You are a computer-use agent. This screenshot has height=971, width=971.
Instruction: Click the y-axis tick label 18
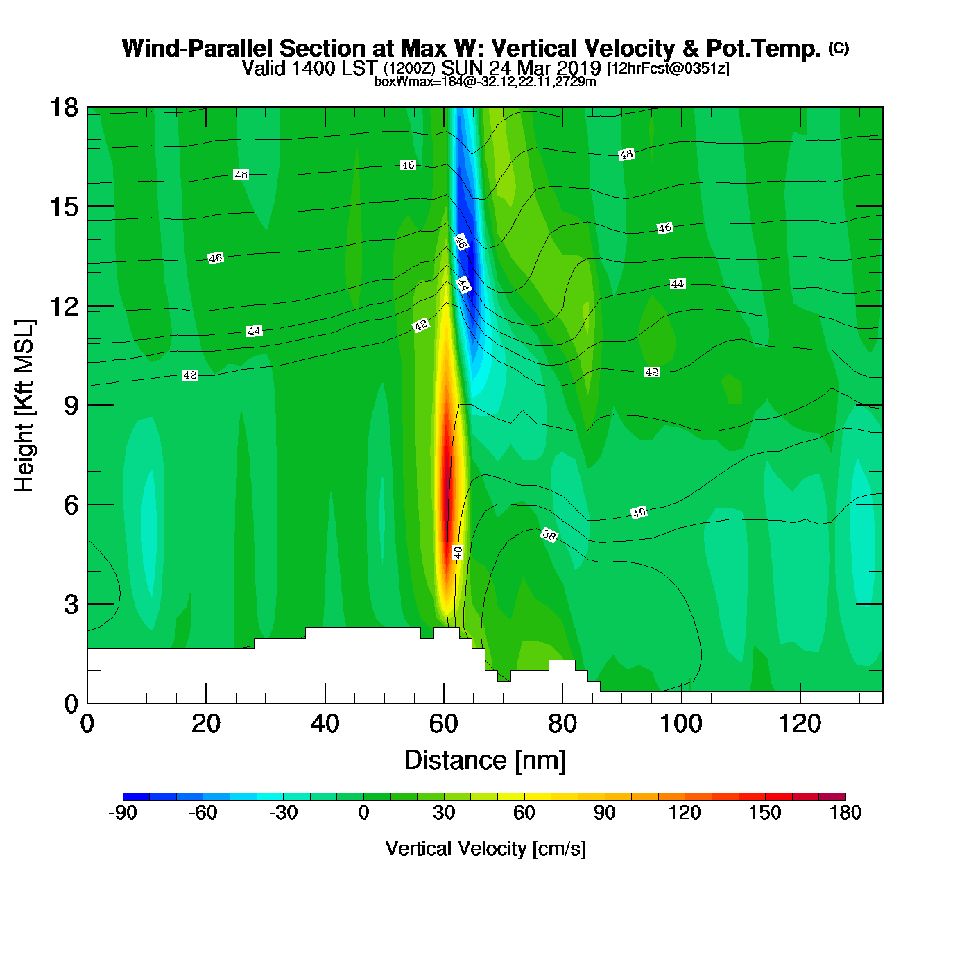coord(63,108)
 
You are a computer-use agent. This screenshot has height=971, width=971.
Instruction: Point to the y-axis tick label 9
coord(71,406)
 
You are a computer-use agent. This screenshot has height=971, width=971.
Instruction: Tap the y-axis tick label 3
coord(71,605)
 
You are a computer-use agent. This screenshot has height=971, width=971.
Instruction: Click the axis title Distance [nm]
coord(485,761)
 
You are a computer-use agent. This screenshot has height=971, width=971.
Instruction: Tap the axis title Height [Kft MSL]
coord(24,406)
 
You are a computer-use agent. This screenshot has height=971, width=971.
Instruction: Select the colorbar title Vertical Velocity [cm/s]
coord(485,849)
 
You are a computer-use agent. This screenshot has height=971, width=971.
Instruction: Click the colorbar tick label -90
coord(123,813)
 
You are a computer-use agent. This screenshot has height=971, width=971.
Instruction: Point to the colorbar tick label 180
coord(845,813)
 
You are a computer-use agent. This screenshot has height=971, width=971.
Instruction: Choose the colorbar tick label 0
coord(363,813)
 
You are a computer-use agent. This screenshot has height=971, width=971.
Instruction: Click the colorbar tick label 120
coord(685,813)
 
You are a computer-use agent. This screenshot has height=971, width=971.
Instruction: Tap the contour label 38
coord(549,535)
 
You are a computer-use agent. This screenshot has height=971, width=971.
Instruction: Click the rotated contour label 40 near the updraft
coord(458,552)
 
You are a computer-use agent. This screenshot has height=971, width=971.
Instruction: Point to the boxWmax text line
coord(485,81)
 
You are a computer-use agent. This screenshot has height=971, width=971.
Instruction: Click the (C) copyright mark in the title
coord(839,48)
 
